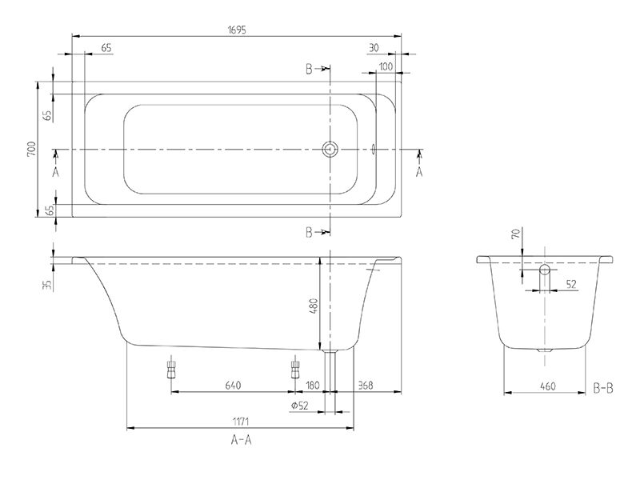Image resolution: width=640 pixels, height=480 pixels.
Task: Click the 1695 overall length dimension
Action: click(x=237, y=30)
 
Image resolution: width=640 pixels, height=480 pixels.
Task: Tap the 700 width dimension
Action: click(x=32, y=150)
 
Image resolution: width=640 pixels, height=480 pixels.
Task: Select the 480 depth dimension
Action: click(x=313, y=306)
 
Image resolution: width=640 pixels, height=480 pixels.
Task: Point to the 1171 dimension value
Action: click(x=241, y=422)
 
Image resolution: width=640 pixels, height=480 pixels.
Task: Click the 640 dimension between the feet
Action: click(x=233, y=385)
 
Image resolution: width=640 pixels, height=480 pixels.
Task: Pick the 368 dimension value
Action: click(x=366, y=385)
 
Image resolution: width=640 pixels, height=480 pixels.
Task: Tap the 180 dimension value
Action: click(x=312, y=385)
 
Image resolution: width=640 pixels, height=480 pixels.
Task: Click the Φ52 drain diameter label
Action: click(x=299, y=406)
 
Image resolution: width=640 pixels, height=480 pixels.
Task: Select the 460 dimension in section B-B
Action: click(x=548, y=386)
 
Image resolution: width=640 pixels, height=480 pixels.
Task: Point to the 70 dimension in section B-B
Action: click(x=516, y=234)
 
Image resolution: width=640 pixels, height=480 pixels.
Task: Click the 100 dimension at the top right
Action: click(x=386, y=66)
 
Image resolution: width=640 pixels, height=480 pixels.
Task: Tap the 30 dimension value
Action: click(x=374, y=48)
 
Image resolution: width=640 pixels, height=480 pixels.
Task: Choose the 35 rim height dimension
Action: click(x=48, y=285)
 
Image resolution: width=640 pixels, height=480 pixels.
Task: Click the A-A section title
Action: click(x=242, y=440)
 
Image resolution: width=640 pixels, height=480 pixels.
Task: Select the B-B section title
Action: click(x=603, y=388)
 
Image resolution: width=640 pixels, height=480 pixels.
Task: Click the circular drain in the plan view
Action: click(x=330, y=150)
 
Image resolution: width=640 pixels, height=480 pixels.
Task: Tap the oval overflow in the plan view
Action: click(x=373, y=150)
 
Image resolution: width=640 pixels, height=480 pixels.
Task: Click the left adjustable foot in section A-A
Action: click(x=170, y=368)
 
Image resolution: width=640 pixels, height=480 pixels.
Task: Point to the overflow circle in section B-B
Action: click(x=545, y=270)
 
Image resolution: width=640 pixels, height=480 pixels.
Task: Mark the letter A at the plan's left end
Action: click(x=56, y=172)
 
